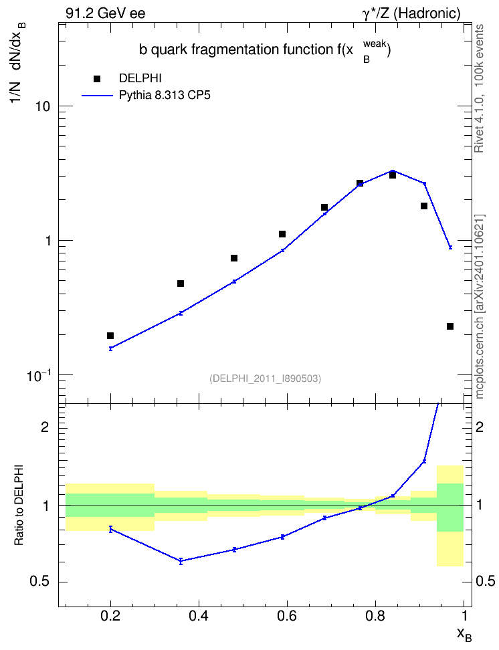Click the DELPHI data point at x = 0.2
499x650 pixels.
(110, 336)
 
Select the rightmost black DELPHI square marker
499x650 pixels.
(450, 326)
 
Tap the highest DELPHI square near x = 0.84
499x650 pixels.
(393, 175)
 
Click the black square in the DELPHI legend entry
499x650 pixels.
(97, 79)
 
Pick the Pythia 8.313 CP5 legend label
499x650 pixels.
(165, 96)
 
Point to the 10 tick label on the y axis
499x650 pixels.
(41, 106)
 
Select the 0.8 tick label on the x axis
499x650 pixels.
(375, 616)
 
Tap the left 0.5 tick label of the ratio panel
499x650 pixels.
(39, 582)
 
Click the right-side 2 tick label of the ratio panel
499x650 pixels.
(480, 427)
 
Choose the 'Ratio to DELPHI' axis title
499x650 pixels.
(19, 505)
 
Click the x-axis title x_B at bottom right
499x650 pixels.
(464, 634)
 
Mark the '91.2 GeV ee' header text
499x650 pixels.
(106, 13)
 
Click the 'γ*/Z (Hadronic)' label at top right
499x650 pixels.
(411, 13)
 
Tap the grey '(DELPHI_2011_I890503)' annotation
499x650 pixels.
(266, 378)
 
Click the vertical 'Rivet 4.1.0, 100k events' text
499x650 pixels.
(479, 88)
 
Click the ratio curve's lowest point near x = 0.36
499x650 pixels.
(181, 561)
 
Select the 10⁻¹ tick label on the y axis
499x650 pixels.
(38, 374)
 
